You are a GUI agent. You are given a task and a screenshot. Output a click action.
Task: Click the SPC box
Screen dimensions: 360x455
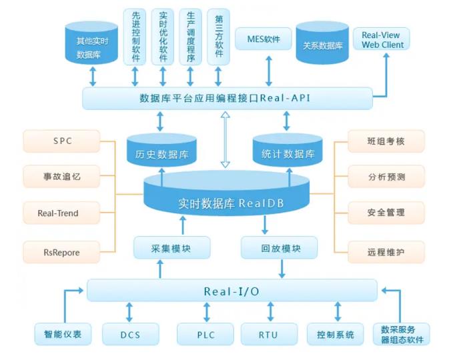(61, 141)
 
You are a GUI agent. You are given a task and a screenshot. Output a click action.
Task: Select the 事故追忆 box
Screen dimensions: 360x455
(61, 177)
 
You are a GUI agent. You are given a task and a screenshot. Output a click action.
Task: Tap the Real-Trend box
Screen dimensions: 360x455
(61, 213)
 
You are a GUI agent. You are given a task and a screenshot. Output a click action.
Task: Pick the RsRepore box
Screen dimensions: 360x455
(61, 253)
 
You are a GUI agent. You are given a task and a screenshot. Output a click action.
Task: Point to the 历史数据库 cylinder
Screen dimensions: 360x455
(161, 153)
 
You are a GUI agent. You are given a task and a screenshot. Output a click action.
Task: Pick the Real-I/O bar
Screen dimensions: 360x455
(232, 291)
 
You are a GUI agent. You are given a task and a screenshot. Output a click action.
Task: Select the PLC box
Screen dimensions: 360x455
(205, 334)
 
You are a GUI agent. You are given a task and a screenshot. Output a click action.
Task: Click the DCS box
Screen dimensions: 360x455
(131, 334)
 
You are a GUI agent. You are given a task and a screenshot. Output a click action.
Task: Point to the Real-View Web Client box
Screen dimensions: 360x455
(382, 39)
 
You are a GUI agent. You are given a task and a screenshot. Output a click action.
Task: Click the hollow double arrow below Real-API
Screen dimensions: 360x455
(225, 139)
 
